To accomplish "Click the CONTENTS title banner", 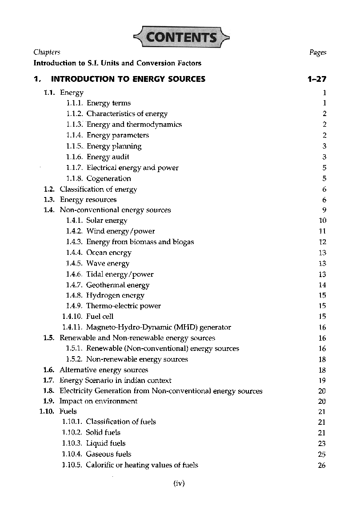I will (x=180, y=36).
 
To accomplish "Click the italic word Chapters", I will (x=47, y=52).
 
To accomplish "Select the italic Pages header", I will (x=317, y=52).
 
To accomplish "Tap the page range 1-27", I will (x=316, y=79).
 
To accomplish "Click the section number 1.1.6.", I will (x=74, y=157).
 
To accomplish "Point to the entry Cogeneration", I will (x=108, y=178).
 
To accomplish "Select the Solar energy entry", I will (x=107, y=221).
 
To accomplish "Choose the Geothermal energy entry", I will (x=118, y=285).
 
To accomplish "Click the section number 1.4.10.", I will (x=72, y=317).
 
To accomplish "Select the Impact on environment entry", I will (x=98, y=401).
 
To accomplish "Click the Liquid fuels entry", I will (x=106, y=443).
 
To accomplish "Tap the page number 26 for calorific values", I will (x=322, y=465).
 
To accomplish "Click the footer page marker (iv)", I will (x=179, y=483).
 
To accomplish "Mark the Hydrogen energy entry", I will (x=115, y=295).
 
